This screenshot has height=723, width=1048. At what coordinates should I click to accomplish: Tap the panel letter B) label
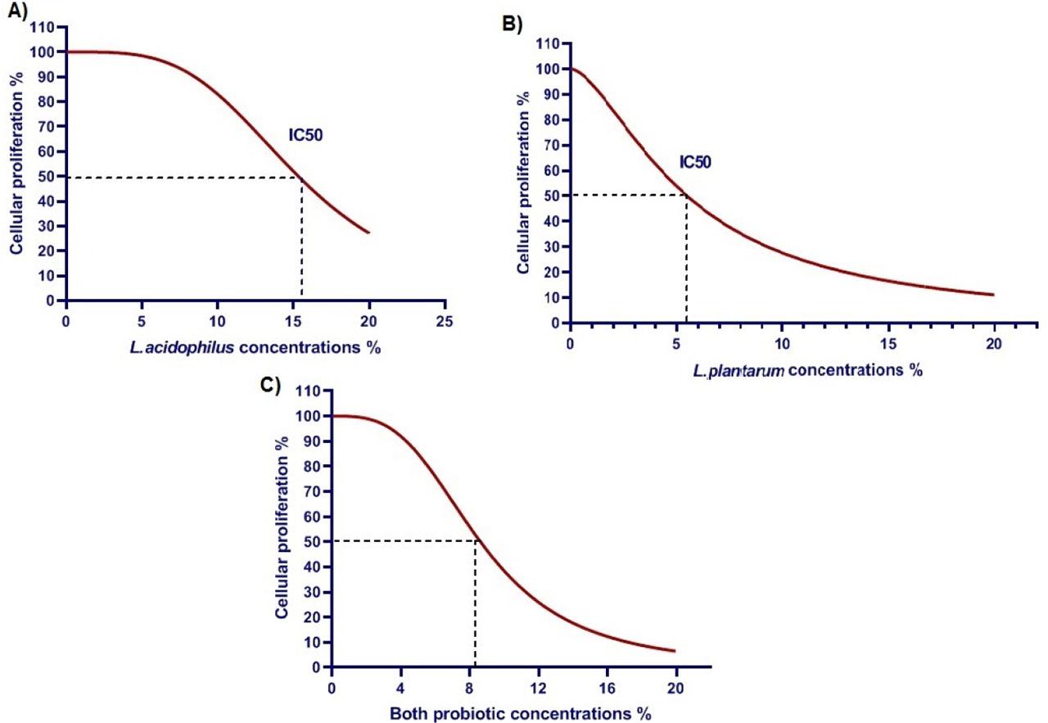point(512,24)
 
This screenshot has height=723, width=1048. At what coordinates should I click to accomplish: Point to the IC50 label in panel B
point(694,161)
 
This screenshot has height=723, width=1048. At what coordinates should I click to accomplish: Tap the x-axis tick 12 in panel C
point(538,685)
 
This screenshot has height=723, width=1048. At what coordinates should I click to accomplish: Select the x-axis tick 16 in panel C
point(607,685)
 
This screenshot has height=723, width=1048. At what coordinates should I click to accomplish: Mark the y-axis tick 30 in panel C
point(313,592)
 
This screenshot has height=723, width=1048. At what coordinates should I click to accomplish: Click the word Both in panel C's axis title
point(408,713)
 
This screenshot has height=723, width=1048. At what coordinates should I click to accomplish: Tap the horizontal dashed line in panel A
point(180,178)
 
